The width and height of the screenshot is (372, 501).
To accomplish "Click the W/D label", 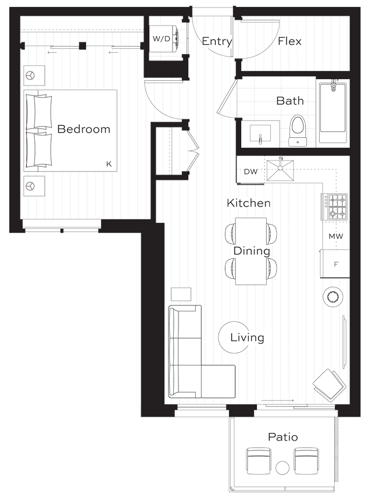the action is pos(162,39).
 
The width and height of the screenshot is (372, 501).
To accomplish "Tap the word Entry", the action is pos(217,41).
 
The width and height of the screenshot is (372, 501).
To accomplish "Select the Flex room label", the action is pos(289,41).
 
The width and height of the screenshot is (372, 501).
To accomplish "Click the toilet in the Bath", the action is pos(298,131).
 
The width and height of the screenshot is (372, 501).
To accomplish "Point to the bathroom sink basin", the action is pos(260,134).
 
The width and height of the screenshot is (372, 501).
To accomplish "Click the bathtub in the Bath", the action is pos(332,113).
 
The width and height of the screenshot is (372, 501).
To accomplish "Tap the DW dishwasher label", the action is pos(251,172).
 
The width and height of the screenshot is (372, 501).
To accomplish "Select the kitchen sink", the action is pos(280,170).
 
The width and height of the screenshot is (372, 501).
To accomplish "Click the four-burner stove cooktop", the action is pos(335,207).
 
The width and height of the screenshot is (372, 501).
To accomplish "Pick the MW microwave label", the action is pos(335,236).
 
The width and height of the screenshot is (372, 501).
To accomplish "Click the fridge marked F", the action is pos(335,264).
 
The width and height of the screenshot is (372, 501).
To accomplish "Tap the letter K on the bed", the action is pos(109,164).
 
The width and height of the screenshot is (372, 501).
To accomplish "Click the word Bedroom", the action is pos(84,129).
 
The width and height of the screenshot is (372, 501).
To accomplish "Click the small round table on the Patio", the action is pos(282,468).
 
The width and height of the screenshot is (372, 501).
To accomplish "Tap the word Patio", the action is pos(282,437).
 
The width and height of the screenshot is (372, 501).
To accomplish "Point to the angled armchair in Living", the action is pos(330,385).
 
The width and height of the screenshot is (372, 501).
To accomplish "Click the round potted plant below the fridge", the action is pos(332,297).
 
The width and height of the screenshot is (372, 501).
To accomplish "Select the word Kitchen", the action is pos(249,203).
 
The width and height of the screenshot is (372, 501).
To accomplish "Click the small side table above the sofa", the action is pos(181,294).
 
